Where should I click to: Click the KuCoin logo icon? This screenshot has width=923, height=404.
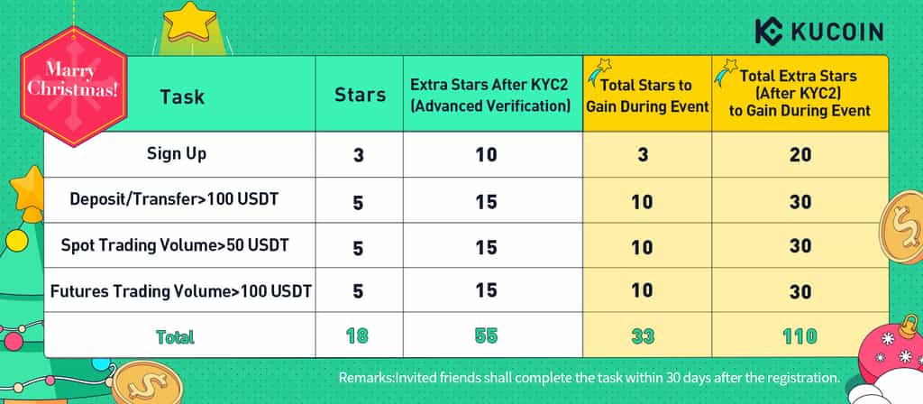tap(769, 32)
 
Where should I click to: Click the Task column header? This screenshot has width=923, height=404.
tap(182, 96)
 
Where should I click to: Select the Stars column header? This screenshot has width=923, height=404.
tap(360, 95)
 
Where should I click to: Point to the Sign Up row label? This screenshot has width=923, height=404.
tap(177, 154)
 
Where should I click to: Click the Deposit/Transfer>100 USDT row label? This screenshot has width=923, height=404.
tap(174, 199)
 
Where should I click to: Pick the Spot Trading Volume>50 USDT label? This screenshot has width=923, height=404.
tap(175, 244)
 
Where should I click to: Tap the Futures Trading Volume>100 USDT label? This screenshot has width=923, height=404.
tap(180, 290)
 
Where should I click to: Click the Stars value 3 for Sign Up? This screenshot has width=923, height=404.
tap(359, 155)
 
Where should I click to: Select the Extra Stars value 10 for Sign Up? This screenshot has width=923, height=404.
tap(486, 155)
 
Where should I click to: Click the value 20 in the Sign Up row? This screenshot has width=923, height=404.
tap(800, 155)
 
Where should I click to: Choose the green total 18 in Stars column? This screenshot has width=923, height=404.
tap(357, 335)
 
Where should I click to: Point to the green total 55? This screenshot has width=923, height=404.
tap(486, 335)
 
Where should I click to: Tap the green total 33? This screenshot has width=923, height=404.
tap(643, 336)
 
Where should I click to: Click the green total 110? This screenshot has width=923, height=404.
tap(800, 336)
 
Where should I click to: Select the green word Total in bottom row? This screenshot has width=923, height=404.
tap(175, 337)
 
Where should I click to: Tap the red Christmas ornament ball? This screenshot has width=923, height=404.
tap(889, 350)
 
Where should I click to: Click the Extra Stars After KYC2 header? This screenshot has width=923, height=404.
tap(490, 95)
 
